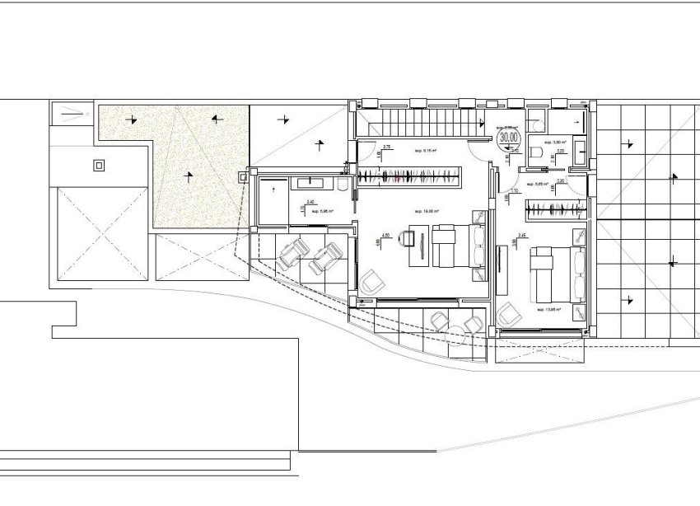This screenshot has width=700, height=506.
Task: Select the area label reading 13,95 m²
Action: point(548,310)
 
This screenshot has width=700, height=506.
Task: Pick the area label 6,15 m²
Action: point(426,151)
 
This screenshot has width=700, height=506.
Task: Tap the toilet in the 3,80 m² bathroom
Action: point(537,152)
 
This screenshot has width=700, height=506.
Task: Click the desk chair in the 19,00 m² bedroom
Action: point(408,238)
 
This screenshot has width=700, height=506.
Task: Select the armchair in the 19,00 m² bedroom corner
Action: point(371,282)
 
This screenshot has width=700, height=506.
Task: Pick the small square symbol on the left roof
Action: point(99,165)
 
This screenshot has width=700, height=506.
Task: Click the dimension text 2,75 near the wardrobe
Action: point(387,148)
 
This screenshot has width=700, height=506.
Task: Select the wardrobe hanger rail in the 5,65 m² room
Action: point(556,209)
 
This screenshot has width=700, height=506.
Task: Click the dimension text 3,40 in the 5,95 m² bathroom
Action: point(310,202)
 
